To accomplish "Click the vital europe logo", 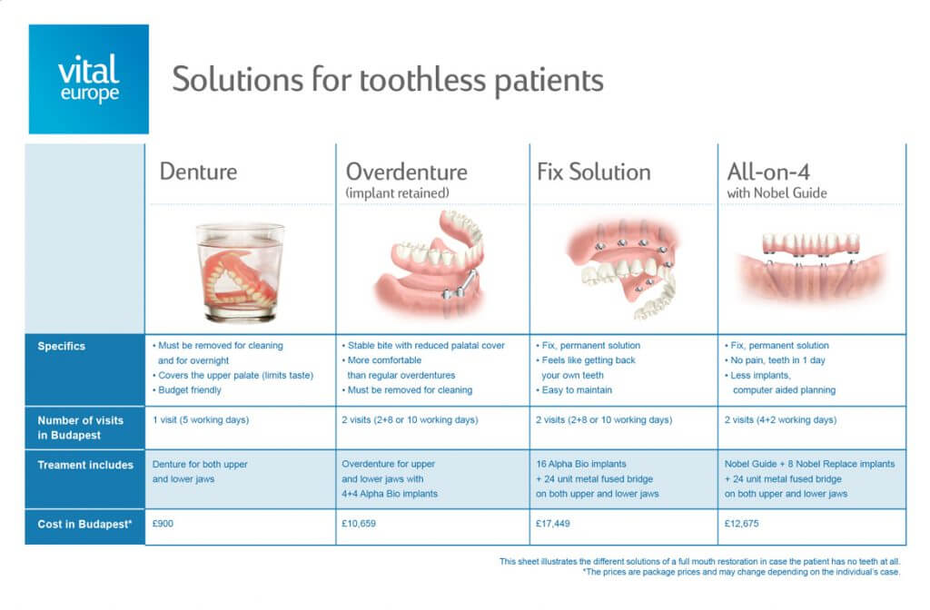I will pos(88,79).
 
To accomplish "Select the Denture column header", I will pos(198,172).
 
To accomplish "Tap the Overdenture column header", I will pos(406,172).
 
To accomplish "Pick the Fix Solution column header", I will pos(593,172).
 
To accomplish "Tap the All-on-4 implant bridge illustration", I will pos(811,259).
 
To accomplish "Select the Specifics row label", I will pos(62,346).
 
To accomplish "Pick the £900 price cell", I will pos(165,525).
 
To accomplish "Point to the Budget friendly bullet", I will pos(193,390).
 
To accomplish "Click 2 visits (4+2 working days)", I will pos(780,420).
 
